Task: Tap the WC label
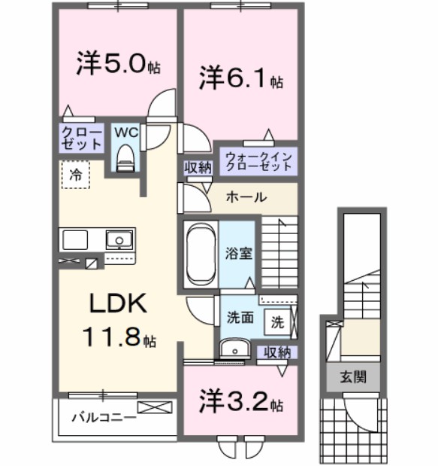pyautogui.click(x=125, y=132)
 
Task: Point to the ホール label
pyautogui.click(x=245, y=197)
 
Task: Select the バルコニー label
pyautogui.click(x=103, y=416)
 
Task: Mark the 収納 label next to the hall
pyautogui.click(x=198, y=167)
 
